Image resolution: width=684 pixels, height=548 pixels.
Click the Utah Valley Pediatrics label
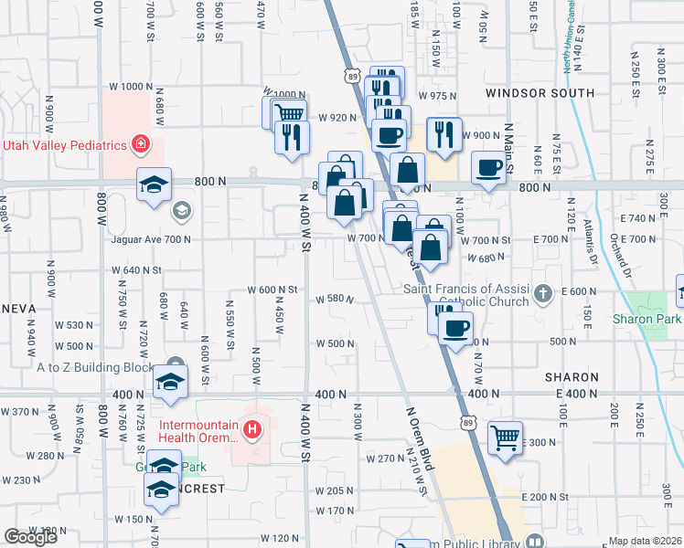pos(64,145)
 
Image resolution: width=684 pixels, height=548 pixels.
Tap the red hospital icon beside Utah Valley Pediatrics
pos(140,143)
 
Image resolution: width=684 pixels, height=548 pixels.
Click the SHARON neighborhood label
pos(572,376)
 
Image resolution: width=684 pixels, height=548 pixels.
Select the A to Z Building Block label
pos(96,367)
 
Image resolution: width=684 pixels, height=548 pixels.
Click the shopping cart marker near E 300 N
pos(505,438)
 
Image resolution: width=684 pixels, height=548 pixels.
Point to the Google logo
pos(31,537)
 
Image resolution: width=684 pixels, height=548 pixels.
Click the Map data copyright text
pos(646,541)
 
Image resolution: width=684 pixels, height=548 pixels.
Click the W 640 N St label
pos(136,270)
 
